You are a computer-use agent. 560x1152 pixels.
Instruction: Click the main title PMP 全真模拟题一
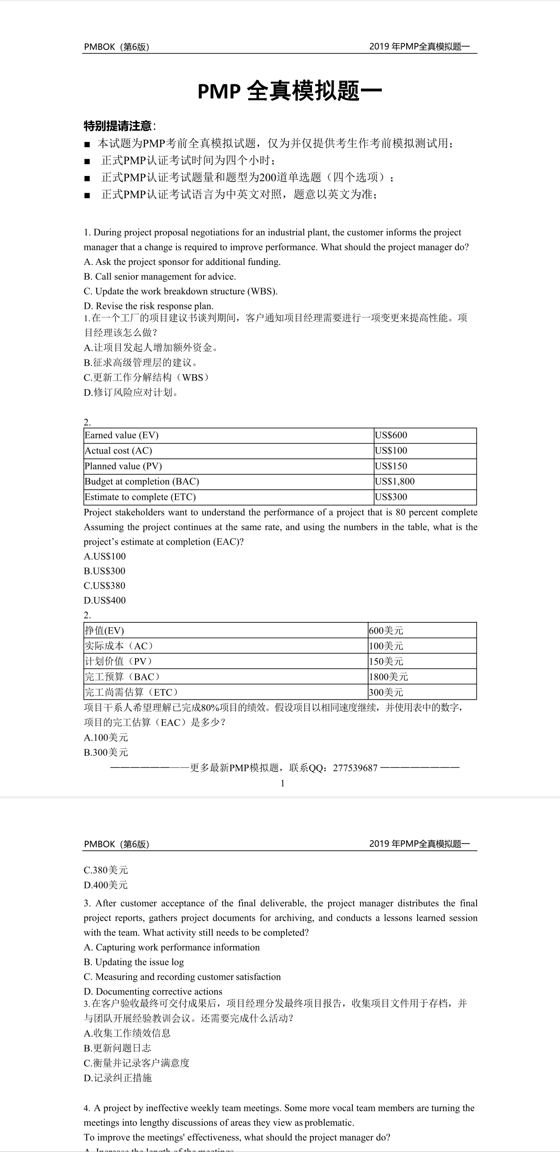tap(289, 91)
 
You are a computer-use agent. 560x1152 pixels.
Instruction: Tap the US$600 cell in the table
tap(391, 435)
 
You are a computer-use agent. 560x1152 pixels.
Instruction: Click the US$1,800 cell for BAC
tap(394, 482)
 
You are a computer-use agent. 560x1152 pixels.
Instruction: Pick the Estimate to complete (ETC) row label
tap(140, 497)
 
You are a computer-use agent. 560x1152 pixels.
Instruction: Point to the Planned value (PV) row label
tap(123, 466)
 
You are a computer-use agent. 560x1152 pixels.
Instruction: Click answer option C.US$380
tap(105, 586)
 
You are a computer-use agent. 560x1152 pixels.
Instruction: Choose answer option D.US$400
tap(105, 600)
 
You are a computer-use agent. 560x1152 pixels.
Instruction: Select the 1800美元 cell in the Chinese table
tap(388, 677)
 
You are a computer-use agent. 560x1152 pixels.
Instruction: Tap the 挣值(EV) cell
tap(104, 630)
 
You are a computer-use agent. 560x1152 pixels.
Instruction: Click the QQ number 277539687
tap(355, 768)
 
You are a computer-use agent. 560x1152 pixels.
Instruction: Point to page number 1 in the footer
tap(282, 783)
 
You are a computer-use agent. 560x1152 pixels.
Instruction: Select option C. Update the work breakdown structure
tap(180, 291)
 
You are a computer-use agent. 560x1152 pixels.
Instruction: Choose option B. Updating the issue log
tap(134, 962)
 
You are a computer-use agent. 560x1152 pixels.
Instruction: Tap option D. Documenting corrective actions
tap(153, 991)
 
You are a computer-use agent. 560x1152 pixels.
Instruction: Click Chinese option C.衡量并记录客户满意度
tap(136, 1063)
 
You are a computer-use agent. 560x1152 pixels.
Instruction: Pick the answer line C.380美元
tap(106, 870)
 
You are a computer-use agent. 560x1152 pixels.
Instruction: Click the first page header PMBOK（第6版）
tap(117, 47)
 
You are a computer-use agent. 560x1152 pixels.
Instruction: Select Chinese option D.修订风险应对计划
tap(131, 392)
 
